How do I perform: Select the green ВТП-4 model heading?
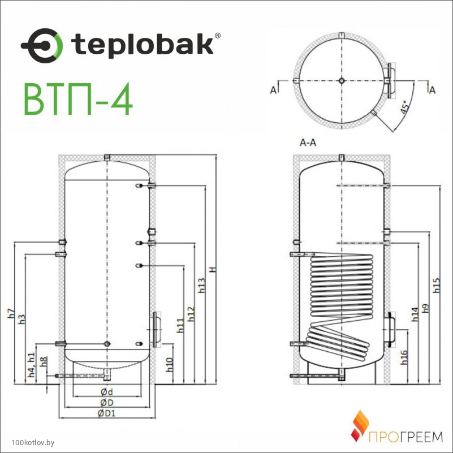pos(78,100)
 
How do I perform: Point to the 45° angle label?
pos(405,107)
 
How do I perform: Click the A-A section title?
pos(308,143)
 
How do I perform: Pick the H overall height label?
pos(213,270)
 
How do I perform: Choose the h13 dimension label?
pos(202,286)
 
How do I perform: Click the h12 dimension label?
pos(191,314)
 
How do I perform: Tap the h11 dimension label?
pos(180,325)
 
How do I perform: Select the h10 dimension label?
pos(170,365)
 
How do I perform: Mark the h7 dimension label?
pos(11,313)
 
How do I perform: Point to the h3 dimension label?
pos(22,319)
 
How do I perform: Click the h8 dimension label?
pos(44,362)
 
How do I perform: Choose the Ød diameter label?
pos(107,392)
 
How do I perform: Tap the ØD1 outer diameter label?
pos(107,413)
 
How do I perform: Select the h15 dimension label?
pos(436,285)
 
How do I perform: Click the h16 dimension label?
pos(404,357)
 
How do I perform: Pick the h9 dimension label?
pos(425,308)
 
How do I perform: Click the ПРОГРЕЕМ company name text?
pos(405,437)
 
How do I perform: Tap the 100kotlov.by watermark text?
pos(33,442)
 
